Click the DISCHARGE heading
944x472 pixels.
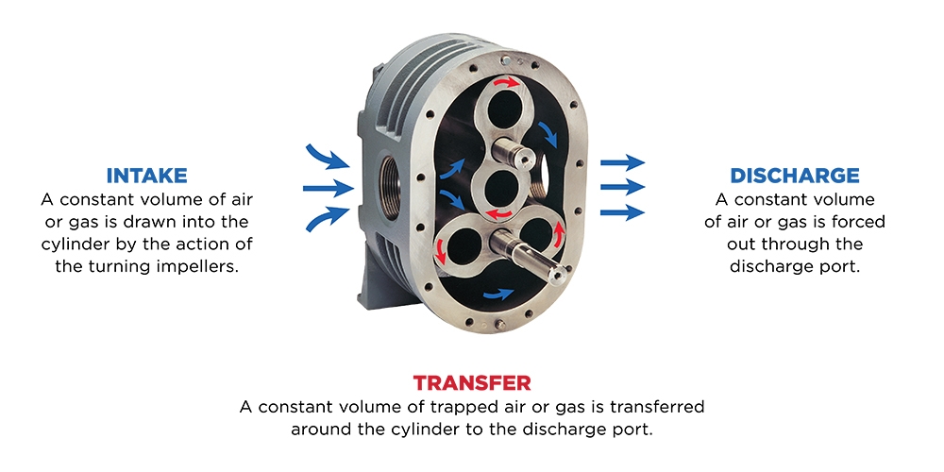coord(794,176)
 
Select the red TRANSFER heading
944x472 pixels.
coord(471,383)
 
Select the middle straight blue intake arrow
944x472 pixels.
coord(327,189)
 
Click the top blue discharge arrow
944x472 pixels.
coord(622,162)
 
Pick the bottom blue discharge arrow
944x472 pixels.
coord(622,212)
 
